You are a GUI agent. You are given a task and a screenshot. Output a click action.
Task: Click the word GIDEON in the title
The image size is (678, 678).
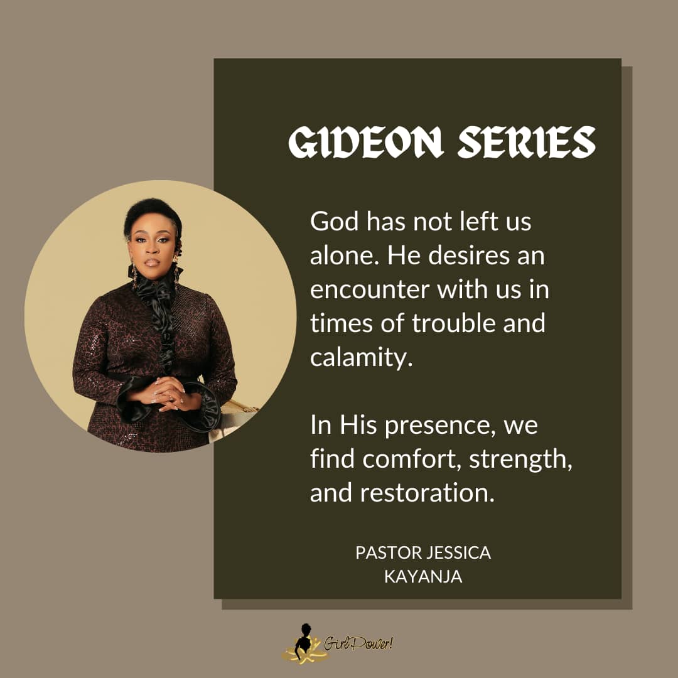click(366, 143)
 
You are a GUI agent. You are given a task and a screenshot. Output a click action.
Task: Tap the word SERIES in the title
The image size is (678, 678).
click(527, 143)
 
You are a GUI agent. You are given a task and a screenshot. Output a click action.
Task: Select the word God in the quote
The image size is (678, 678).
click(335, 222)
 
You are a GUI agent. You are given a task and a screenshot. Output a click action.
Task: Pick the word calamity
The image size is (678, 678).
click(361, 358)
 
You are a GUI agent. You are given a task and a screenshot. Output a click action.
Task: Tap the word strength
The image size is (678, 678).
click(521, 460)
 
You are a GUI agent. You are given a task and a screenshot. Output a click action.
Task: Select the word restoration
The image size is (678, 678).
click(428, 493)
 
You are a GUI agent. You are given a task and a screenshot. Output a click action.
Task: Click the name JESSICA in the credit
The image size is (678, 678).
click(459, 552)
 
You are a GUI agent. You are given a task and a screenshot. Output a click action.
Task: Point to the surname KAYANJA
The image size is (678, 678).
click(423, 576)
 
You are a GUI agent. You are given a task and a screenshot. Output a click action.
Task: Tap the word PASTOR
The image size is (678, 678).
click(389, 552)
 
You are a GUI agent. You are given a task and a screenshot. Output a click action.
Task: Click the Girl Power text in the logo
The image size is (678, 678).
click(358, 644)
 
